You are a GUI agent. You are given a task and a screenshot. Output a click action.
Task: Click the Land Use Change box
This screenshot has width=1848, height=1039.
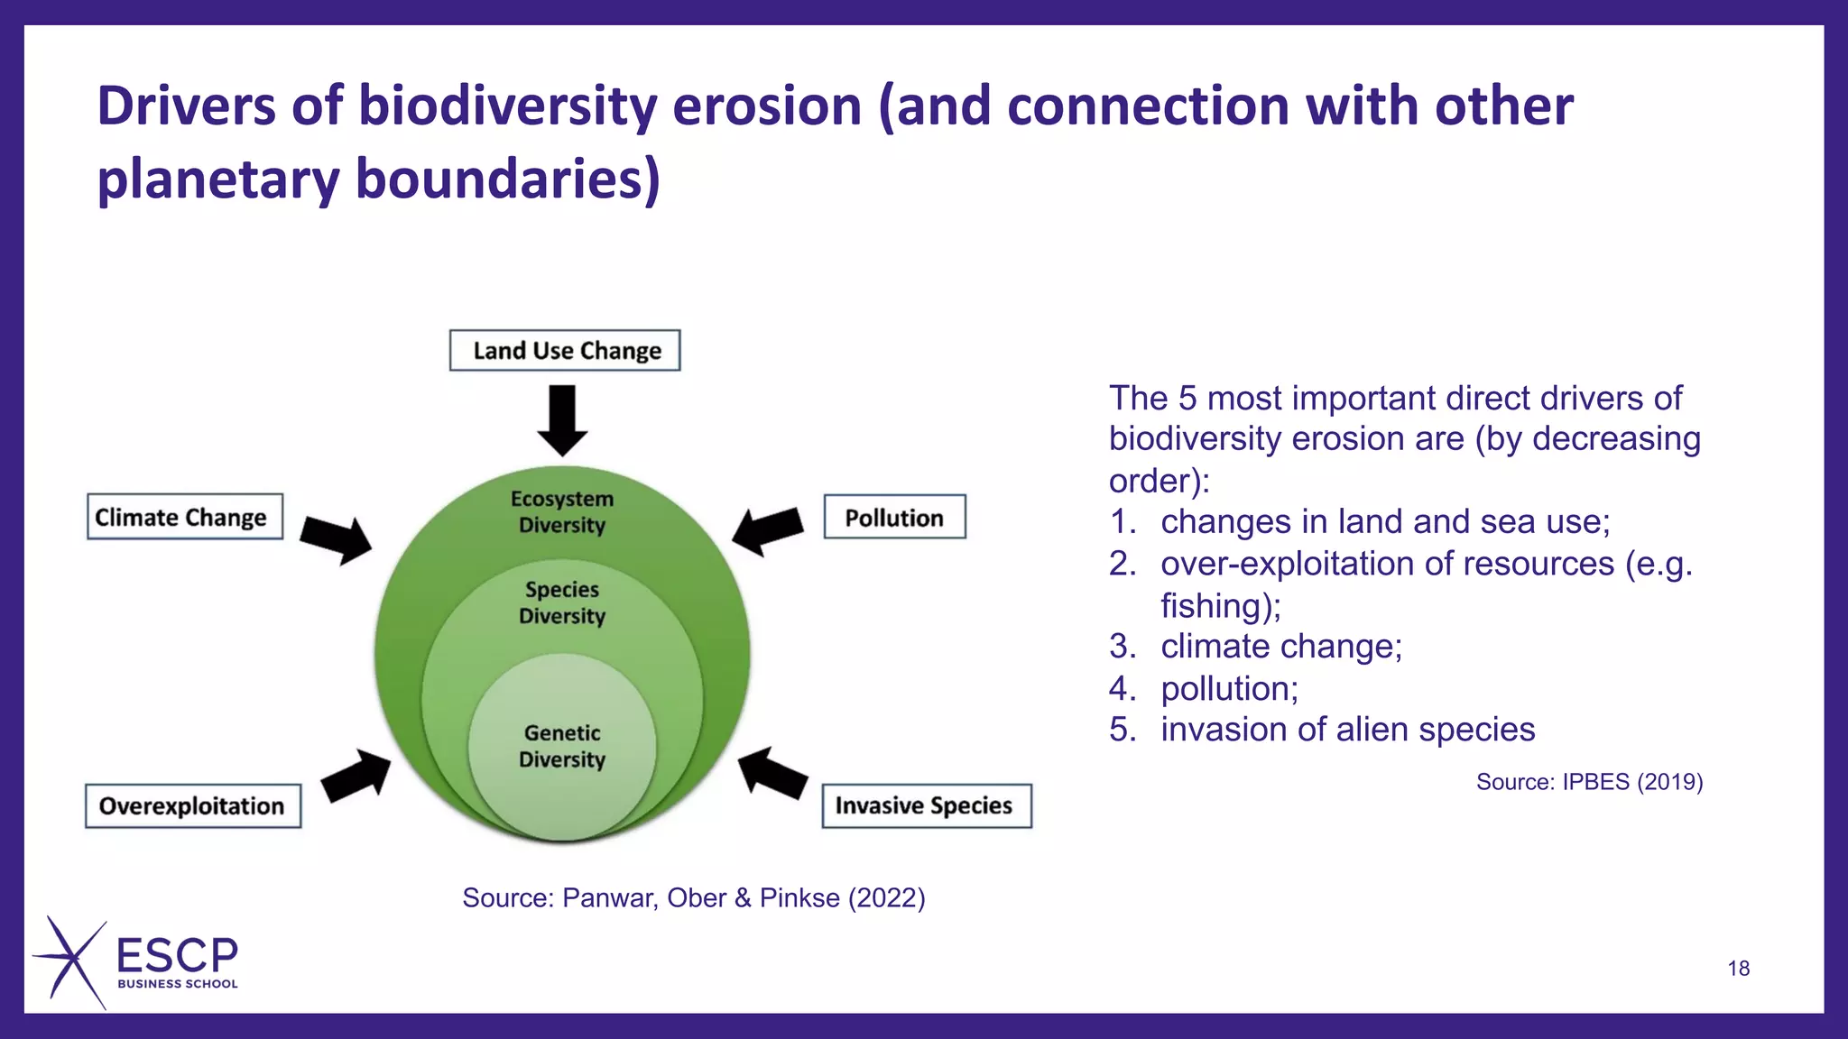point(565,351)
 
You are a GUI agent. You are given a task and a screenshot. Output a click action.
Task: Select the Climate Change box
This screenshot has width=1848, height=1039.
point(184,517)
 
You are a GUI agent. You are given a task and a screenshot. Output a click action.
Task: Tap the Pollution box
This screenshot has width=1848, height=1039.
point(894,517)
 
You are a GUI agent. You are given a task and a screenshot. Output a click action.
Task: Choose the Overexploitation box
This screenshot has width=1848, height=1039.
point(193,805)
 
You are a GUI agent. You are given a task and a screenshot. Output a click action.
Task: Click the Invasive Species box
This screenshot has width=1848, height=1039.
point(926,805)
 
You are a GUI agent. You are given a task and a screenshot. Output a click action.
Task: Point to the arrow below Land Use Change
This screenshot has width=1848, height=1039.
point(562,420)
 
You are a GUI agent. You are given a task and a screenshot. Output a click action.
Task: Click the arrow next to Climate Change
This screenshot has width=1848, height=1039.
point(336,539)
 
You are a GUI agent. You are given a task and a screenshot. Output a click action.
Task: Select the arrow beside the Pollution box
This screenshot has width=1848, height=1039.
point(767,530)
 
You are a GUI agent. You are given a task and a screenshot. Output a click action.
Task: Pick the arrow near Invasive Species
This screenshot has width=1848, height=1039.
point(772,774)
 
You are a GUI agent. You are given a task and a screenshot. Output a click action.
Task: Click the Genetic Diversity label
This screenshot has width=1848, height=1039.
point(562,746)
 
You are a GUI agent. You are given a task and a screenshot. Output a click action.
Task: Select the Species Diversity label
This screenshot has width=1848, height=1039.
point(562,602)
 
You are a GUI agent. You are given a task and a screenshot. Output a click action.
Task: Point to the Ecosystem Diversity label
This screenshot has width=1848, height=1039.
point(562,511)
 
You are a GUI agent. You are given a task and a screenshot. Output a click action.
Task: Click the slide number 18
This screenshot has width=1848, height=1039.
point(1738,969)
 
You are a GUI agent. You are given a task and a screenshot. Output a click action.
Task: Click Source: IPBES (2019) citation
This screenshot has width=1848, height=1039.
point(1589,782)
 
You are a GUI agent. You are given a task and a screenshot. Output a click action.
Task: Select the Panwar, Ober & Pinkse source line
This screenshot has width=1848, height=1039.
point(693,898)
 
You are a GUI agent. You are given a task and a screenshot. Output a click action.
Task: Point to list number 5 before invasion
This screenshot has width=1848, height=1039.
point(1123,730)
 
